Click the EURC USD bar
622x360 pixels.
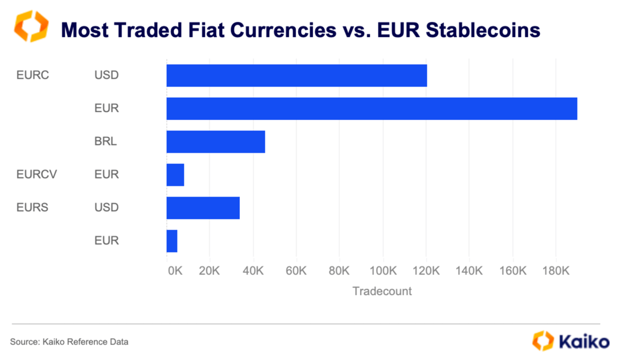297,76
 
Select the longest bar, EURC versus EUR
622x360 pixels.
372,108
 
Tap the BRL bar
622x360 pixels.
215,142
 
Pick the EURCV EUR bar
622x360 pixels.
175,174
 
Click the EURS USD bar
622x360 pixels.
203,208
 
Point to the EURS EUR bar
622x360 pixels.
172,241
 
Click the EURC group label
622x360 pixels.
33,74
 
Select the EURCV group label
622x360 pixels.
37,174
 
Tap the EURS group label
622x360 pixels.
32,208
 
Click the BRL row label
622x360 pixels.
106,142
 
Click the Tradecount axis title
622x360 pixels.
382,291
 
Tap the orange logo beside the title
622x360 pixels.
31,26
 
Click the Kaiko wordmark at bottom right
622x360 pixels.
583,341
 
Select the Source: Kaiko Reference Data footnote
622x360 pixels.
69,342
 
